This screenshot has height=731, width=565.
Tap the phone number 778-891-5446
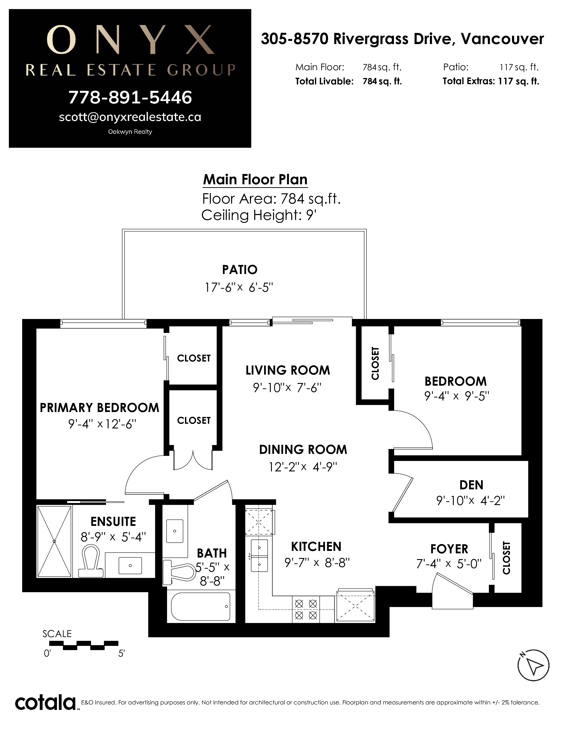pos(130,97)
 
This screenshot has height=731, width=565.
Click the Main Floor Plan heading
pos(255,179)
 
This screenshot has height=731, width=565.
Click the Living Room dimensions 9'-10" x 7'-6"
pos(287,388)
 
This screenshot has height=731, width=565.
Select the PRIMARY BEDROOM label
pos(99,408)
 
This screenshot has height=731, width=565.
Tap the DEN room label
pos(471,485)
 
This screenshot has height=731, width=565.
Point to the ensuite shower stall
pos(54,541)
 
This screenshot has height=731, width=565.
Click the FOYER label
pos(449,549)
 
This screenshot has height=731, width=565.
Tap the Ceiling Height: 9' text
pos(259,215)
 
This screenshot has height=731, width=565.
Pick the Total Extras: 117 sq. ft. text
pos(491,81)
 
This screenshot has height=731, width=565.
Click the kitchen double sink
pos(260,556)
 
